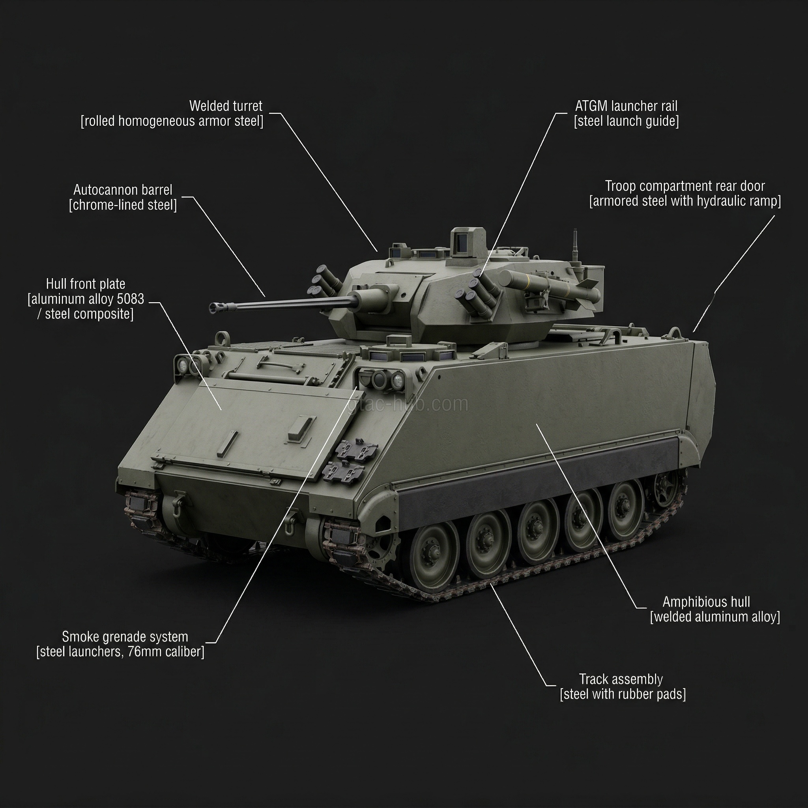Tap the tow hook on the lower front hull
(178, 501)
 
